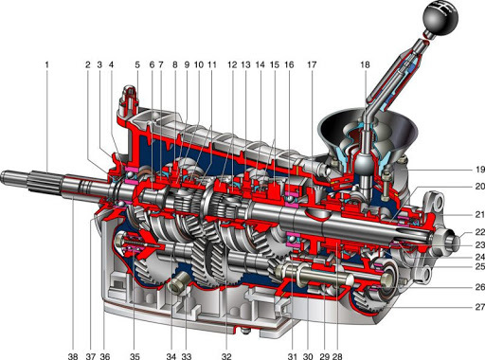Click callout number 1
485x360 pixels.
[47, 65]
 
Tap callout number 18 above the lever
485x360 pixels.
[365, 65]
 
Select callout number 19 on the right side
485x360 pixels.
[480, 170]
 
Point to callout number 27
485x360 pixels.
[480, 307]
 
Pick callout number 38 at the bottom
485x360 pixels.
[73, 356]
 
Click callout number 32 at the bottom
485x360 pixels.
[226, 356]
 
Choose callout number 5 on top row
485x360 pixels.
[137, 65]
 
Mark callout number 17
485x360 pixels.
[312, 65]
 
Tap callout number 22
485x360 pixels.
[480, 232]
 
